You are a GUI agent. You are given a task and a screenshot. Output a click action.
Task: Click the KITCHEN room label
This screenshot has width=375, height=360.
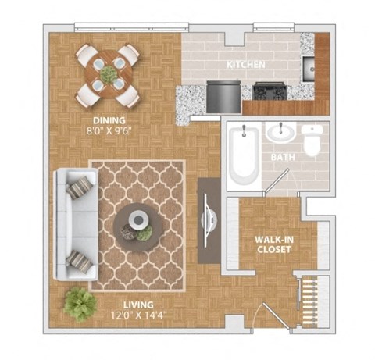[x=245, y=64]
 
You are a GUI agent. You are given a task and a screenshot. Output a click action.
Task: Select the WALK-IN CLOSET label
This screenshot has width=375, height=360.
[x=273, y=244]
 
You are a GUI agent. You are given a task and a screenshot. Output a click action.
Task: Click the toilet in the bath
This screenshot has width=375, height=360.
[x=312, y=141]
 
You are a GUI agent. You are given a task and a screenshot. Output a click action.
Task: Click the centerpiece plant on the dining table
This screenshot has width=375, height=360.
[x=108, y=75]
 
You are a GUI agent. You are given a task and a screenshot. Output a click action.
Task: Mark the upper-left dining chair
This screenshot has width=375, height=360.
[x=88, y=56]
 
